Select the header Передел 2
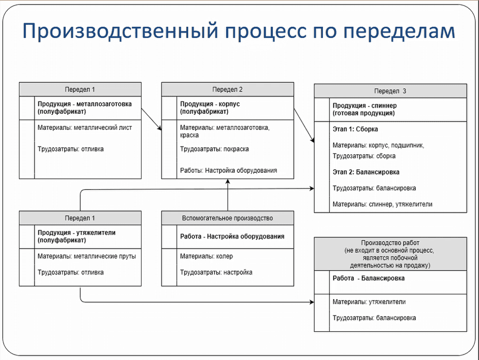click(227, 89)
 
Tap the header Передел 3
click(390, 91)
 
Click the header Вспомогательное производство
click(227, 218)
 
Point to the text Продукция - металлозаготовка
click(85, 104)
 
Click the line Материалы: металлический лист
click(85, 128)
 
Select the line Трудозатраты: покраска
click(214, 149)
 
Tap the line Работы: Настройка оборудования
click(229, 171)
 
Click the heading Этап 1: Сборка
click(355, 129)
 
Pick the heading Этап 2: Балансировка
click(366, 172)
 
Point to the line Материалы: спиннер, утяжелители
click(382, 204)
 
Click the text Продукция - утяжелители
click(77, 233)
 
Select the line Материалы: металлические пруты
click(87, 256)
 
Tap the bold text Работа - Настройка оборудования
click(232, 237)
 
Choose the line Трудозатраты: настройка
click(216, 272)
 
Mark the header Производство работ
click(390, 243)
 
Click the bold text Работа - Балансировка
click(369, 279)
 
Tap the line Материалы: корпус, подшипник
click(378, 145)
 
